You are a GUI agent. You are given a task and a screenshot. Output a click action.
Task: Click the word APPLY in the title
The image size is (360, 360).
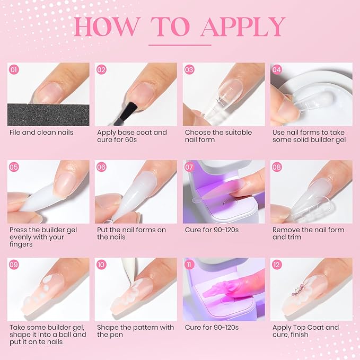point(243,27)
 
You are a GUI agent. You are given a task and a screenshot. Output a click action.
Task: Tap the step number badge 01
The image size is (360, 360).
point(14,69)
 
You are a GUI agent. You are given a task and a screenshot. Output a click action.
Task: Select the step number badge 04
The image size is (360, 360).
point(277,69)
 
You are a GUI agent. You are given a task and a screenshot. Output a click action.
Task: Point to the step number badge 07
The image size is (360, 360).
point(189,167)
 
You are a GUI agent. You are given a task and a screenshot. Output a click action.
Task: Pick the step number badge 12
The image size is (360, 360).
point(277,265)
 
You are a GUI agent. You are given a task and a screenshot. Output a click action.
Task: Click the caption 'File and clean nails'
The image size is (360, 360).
point(41,132)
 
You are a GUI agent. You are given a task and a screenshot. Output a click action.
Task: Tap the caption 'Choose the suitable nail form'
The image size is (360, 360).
point(218,136)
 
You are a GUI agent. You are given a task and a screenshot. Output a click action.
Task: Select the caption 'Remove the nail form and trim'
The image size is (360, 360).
point(308,233)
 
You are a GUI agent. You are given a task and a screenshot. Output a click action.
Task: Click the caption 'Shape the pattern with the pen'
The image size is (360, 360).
point(135,331)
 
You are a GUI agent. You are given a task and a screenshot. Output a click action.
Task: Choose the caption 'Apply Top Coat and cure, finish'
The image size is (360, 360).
point(305,331)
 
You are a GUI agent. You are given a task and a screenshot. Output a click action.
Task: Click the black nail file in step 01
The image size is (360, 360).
point(48,113)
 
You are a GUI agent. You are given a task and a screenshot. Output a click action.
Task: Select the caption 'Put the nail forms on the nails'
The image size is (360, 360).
point(131,233)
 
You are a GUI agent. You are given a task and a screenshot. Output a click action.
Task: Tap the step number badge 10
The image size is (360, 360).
point(102,265)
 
